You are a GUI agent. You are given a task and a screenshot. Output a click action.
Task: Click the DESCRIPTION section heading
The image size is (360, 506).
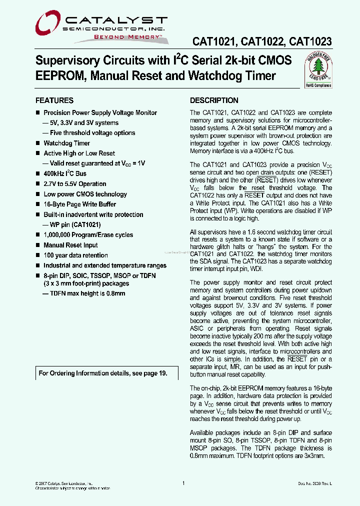click(214, 100)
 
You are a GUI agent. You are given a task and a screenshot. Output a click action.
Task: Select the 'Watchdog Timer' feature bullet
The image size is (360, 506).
click(67, 143)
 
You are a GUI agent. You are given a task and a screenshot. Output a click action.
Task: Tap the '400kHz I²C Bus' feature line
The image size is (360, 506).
click(65, 173)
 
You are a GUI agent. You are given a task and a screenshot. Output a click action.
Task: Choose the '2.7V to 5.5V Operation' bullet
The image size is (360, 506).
click(75, 184)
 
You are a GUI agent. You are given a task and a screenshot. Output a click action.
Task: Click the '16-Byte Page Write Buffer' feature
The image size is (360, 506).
click(79, 204)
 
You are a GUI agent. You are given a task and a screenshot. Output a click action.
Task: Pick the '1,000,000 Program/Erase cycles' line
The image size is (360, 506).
click(88, 235)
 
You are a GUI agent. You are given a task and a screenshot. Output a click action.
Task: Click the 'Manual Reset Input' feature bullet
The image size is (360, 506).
click(70, 245)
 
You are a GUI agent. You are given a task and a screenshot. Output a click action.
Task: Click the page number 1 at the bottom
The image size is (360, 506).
click(183, 483)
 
